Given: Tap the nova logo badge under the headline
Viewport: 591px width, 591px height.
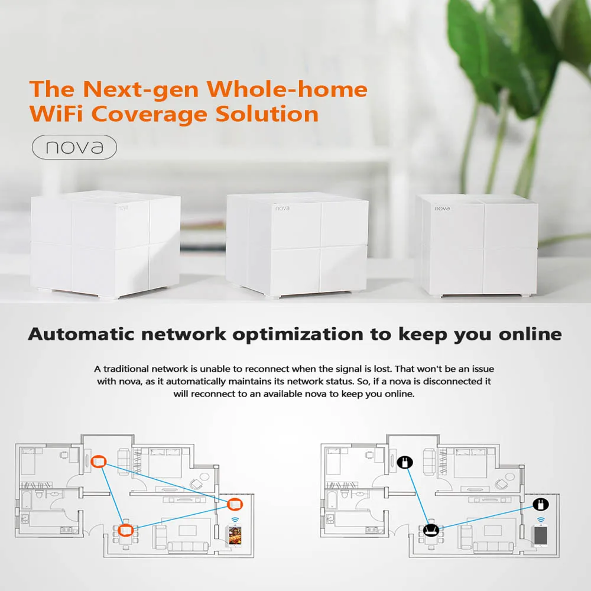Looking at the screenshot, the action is click(x=74, y=147).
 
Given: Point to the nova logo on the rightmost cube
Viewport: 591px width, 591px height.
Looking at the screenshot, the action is click(x=442, y=208).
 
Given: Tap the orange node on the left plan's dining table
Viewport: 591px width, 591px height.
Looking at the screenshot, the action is click(x=125, y=530).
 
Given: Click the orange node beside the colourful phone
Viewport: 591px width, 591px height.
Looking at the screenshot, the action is click(x=235, y=504).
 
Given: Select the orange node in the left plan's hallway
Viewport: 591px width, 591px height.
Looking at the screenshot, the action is click(x=99, y=460).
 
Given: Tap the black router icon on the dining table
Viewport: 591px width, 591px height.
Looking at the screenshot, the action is click(x=431, y=530).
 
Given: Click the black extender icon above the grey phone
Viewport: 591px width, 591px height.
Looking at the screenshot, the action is click(x=540, y=504).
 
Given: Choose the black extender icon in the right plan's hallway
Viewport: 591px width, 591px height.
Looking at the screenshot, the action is click(x=405, y=461).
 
